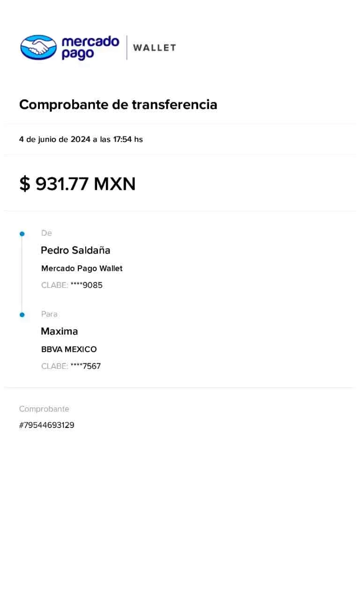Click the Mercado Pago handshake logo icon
[38, 47]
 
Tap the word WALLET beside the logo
[154, 47]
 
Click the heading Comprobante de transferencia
[118, 105]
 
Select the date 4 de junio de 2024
[54, 139]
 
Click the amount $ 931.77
[53, 184]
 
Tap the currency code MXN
[114, 184]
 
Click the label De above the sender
[46, 233]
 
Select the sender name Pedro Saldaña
[76, 250]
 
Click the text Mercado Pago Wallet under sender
[82, 269]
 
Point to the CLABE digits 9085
[92, 285]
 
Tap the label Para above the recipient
[50, 314]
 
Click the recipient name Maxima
[60, 331]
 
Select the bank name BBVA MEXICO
[69, 349]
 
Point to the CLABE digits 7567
[91, 366]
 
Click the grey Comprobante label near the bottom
[44, 409]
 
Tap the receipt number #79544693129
[47, 425]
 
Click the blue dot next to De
[22, 233]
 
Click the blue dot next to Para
[22, 315]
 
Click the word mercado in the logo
[90, 42]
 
